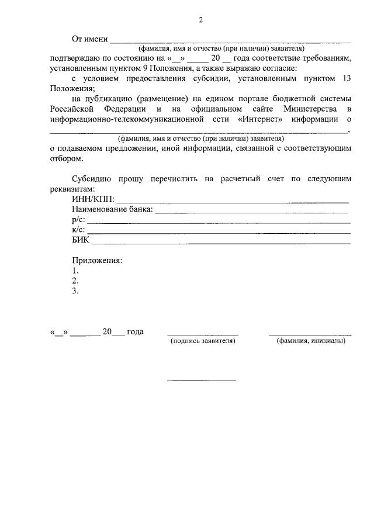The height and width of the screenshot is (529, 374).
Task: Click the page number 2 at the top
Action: point(200,20)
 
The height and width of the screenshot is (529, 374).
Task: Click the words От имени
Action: point(90,39)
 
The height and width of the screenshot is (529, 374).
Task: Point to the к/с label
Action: point(78,230)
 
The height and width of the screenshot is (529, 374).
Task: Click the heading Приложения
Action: point(97,260)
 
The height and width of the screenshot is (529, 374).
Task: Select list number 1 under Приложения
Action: point(75,271)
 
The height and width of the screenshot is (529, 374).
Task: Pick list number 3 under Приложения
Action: point(75,291)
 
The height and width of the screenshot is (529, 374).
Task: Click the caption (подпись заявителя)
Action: point(202,341)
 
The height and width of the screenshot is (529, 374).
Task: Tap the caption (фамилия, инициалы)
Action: point(311,341)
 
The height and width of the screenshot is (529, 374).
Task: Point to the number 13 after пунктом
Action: point(345,78)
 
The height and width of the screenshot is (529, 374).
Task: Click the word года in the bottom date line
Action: point(135,331)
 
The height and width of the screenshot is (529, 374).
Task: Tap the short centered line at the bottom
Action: point(202,381)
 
